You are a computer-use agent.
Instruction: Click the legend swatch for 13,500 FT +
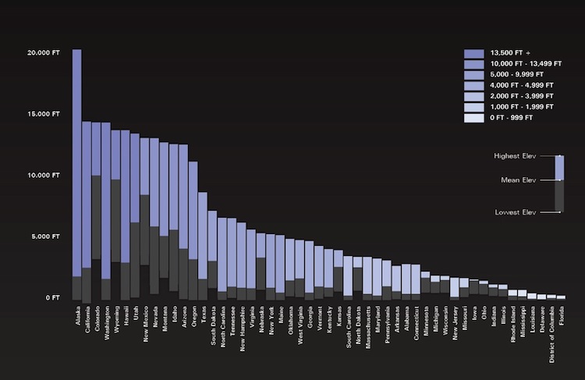point(473,53)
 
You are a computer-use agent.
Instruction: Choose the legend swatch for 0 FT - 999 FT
point(473,118)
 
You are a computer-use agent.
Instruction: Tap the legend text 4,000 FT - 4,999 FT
point(522,86)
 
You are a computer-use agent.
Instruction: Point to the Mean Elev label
point(518,180)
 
